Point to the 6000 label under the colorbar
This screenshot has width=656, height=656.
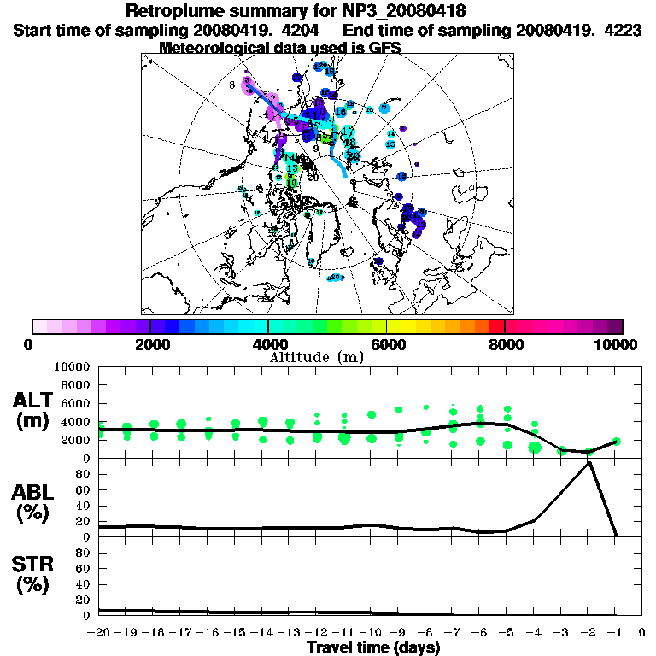(x=386, y=344)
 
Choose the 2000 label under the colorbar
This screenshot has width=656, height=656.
(x=150, y=344)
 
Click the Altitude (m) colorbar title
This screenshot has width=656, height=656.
(x=316, y=357)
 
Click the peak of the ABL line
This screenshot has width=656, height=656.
(x=589, y=462)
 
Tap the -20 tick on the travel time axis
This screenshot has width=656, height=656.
(x=99, y=633)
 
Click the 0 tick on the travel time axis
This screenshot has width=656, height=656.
(x=642, y=633)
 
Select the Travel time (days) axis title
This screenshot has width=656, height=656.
(x=373, y=647)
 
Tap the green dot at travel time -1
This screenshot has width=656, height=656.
(x=615, y=442)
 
